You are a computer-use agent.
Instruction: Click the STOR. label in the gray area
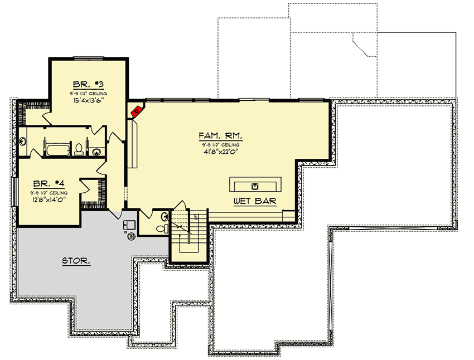(x=76, y=260)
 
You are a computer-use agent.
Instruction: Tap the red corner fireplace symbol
(x=136, y=111)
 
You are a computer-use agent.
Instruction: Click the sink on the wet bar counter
(x=256, y=185)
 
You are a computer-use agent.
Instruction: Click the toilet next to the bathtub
(x=79, y=149)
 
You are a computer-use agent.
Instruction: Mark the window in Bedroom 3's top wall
(x=89, y=57)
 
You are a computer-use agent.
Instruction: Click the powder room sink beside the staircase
(x=165, y=216)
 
